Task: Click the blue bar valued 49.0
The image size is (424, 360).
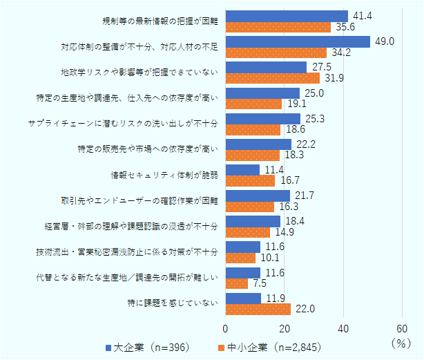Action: pyautogui.click(x=298, y=41)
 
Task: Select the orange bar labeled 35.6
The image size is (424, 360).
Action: pyautogui.click(x=278, y=27)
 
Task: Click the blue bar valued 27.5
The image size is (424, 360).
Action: pyautogui.click(x=266, y=67)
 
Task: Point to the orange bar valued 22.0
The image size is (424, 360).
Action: pyautogui.click(x=258, y=308)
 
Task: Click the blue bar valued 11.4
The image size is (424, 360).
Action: pyautogui.click(x=242, y=170)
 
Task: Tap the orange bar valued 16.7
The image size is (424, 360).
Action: pyautogui.click(x=250, y=181)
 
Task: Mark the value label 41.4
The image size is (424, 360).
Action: pyautogui.click(x=360, y=15)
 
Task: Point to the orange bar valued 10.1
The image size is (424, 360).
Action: pyautogui.click(x=240, y=258)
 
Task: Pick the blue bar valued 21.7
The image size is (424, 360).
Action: pyautogui.click(x=258, y=196)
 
